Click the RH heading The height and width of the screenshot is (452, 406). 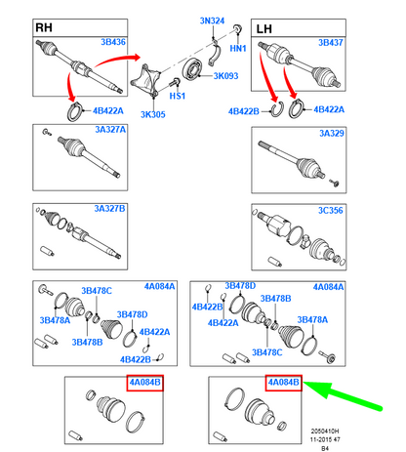pyautogui.click(x=44, y=27)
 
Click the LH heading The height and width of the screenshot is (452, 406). pyautogui.click(x=264, y=29)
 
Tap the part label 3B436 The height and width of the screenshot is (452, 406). pyautogui.click(x=113, y=42)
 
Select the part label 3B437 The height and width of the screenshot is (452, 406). pyautogui.click(x=331, y=43)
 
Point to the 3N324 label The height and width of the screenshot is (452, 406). pyautogui.click(x=212, y=21)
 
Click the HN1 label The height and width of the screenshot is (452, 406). pyautogui.click(x=238, y=49)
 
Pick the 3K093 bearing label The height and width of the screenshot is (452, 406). pyautogui.click(x=225, y=76)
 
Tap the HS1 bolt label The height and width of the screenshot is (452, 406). pyautogui.click(x=178, y=96)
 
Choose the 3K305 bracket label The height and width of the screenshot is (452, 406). pyautogui.click(x=153, y=114)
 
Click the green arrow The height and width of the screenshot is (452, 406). pyautogui.click(x=342, y=395)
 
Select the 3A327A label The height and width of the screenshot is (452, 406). pyautogui.click(x=110, y=130)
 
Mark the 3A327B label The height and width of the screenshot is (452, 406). pyautogui.click(x=109, y=209)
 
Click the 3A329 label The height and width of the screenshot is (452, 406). pyautogui.click(x=332, y=134)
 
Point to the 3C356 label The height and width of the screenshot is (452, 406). pyautogui.click(x=331, y=211)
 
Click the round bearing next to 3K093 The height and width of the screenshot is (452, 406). pyautogui.click(x=193, y=69)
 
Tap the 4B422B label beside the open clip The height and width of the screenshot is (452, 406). pyautogui.click(x=244, y=111)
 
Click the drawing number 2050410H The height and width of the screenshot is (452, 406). pyautogui.click(x=325, y=431)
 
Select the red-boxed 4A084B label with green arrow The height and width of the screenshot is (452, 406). pyautogui.click(x=284, y=383)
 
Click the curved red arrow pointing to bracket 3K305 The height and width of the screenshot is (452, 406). pyautogui.click(x=117, y=61)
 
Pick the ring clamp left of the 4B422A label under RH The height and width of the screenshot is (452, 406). pyautogui.click(x=74, y=111)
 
